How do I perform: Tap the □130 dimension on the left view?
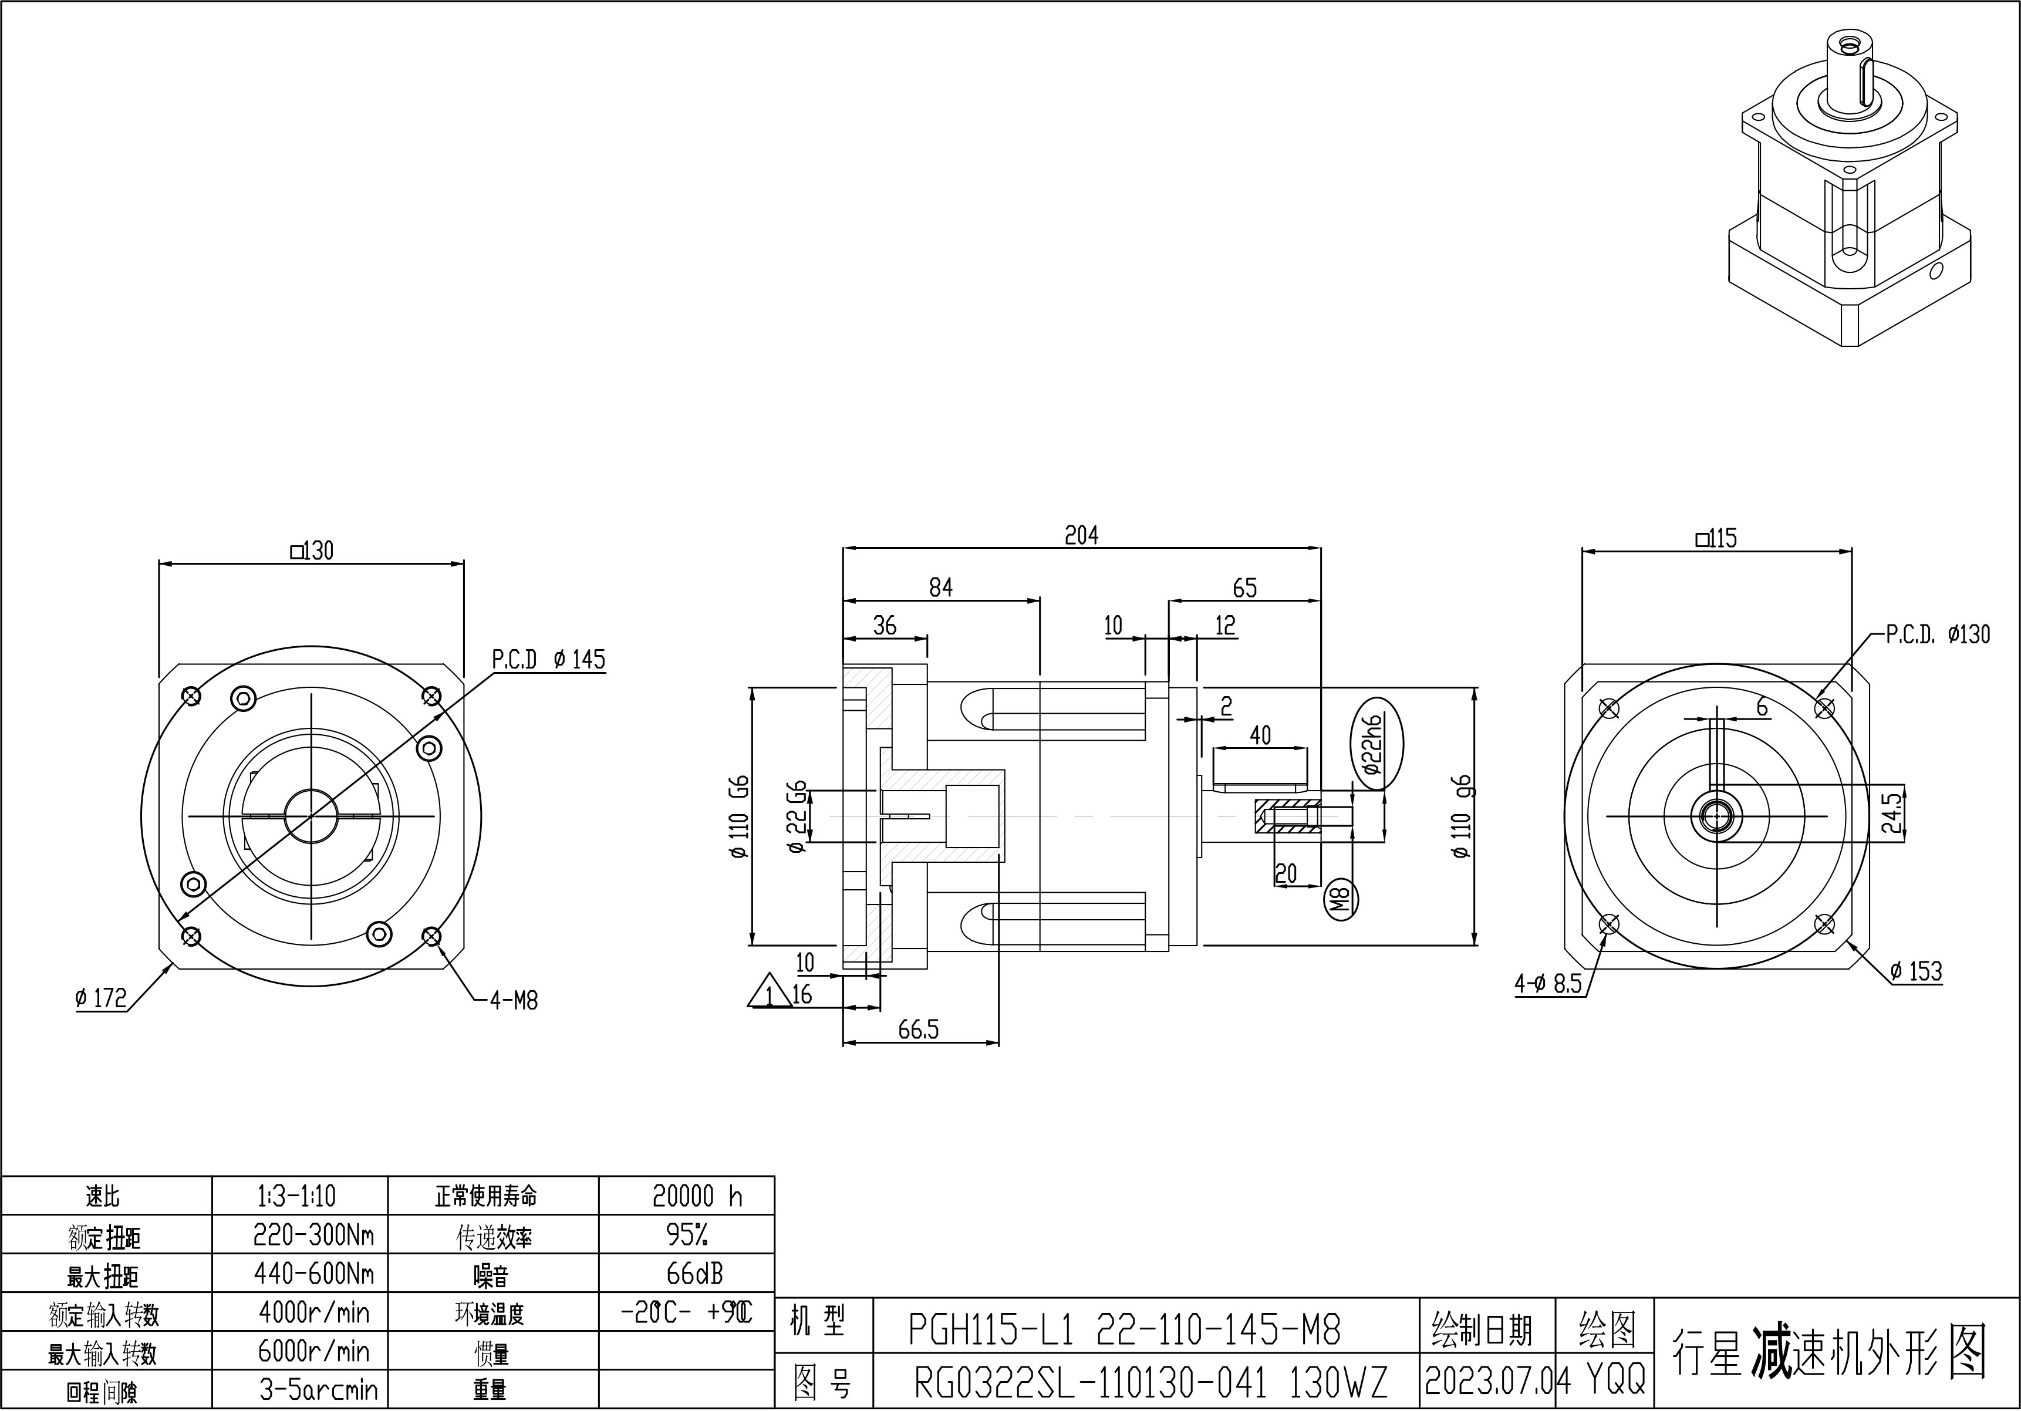pyautogui.click(x=312, y=551)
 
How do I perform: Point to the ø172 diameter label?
pyautogui.click(x=100, y=998)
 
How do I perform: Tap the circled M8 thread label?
pyautogui.click(x=1341, y=900)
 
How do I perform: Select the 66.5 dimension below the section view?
pyautogui.click(x=918, y=1030)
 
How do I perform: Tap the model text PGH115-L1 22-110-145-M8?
pyautogui.click(x=1124, y=1330)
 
